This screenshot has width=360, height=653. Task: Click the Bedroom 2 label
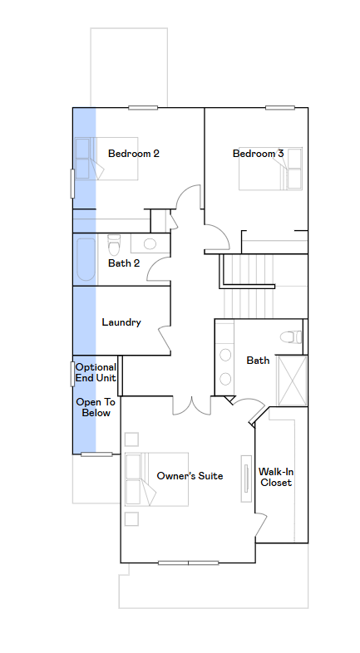[x=133, y=153]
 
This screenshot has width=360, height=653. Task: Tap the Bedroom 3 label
[x=258, y=153]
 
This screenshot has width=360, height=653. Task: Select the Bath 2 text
[x=124, y=263]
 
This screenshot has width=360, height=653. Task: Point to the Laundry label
[x=121, y=322]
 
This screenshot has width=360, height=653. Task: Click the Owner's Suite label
[x=190, y=475]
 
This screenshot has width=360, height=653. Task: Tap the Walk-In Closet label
[x=276, y=477]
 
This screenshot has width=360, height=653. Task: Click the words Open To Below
[x=96, y=407]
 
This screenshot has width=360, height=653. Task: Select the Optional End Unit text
[x=96, y=372]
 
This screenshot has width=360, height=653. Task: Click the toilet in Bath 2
[x=114, y=245]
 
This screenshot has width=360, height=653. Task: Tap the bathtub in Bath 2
[x=86, y=260]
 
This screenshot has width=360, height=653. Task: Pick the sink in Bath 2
[x=150, y=243]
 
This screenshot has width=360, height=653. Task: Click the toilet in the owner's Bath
[x=291, y=337]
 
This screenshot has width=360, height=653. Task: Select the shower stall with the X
[x=293, y=381]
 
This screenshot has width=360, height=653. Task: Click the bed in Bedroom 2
[x=106, y=159]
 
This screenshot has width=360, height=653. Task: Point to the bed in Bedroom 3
[x=270, y=169]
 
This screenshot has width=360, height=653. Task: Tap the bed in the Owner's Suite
[x=156, y=479]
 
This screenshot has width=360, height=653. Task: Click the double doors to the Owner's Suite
[x=192, y=405]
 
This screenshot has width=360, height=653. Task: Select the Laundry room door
[x=164, y=338]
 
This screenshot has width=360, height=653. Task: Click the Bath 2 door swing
[x=159, y=268]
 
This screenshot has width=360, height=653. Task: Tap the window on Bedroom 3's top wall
[x=280, y=108]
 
